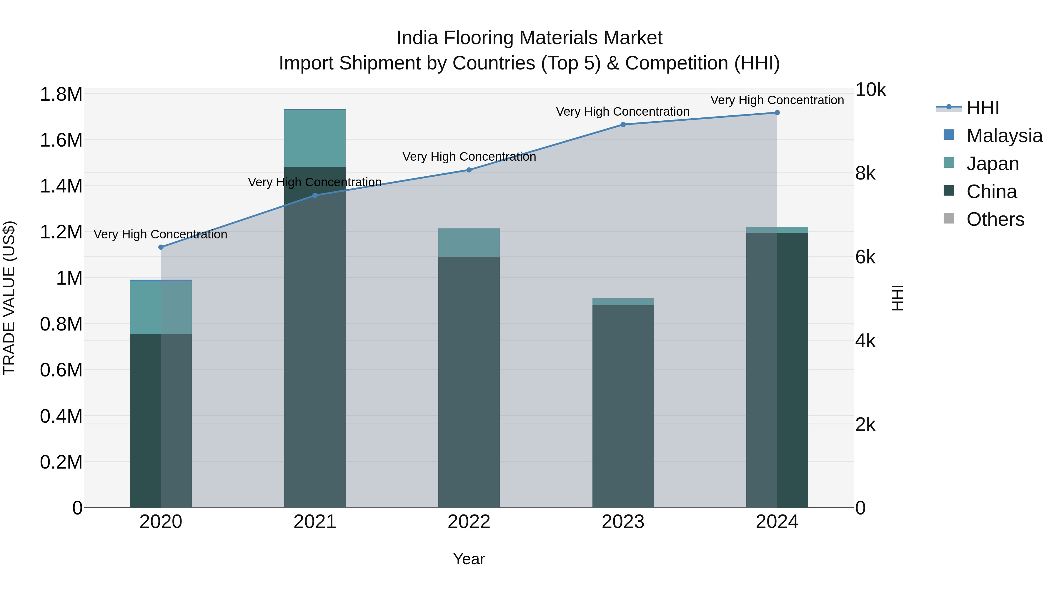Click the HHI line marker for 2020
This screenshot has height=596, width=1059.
[x=161, y=247]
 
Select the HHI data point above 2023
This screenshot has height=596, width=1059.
[x=623, y=124]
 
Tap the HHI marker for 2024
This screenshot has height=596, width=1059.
[x=777, y=113]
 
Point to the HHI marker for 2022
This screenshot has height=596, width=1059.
[x=469, y=170]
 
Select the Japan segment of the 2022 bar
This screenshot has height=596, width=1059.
[x=469, y=243]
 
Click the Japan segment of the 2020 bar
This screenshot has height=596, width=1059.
[x=161, y=308]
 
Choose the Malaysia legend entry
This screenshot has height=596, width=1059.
[x=1004, y=136]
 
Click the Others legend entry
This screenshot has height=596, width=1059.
[x=995, y=219]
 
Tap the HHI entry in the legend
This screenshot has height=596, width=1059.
[x=982, y=108]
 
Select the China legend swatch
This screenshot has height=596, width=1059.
[x=949, y=191]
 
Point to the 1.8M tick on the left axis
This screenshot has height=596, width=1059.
[x=61, y=94]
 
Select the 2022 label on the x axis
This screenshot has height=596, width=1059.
[x=469, y=522]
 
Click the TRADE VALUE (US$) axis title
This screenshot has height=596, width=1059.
[x=9, y=298]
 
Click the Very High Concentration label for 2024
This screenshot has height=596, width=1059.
[x=777, y=100]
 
